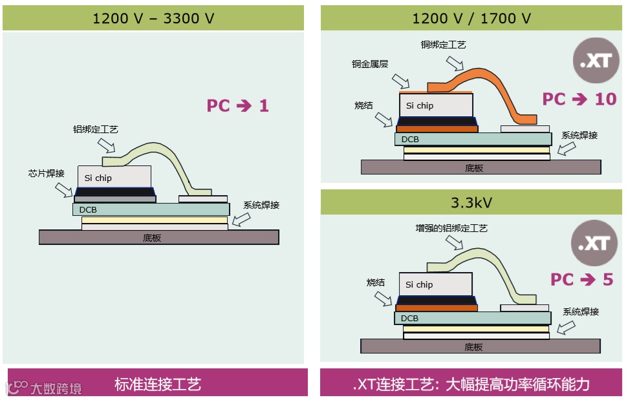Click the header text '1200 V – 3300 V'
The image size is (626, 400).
point(153,18)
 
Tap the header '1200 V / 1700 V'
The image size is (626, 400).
point(471,18)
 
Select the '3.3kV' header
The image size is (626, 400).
point(471,202)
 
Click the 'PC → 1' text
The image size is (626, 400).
point(237,105)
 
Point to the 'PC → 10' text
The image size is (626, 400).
point(579,99)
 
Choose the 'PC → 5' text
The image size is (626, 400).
point(581,279)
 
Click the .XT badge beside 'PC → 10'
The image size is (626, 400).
point(594,63)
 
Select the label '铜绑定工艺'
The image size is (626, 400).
point(443,45)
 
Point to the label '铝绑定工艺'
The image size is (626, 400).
point(96,130)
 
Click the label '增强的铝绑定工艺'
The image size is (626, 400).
point(451,228)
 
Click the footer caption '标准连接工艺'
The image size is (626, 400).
point(158,384)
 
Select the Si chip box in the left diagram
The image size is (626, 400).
point(114,176)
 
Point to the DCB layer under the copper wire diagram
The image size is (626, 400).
point(473,139)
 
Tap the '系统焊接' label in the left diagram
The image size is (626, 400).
point(261,205)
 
